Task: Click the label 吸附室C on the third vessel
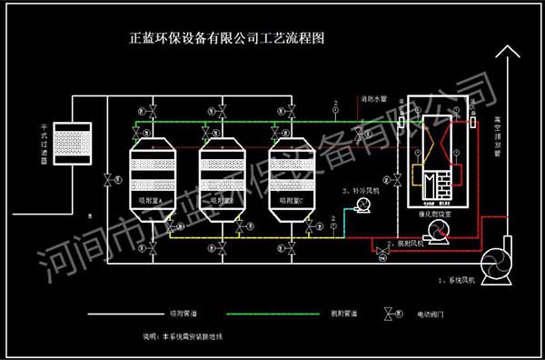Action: [292, 198]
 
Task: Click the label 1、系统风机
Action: [461, 275]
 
